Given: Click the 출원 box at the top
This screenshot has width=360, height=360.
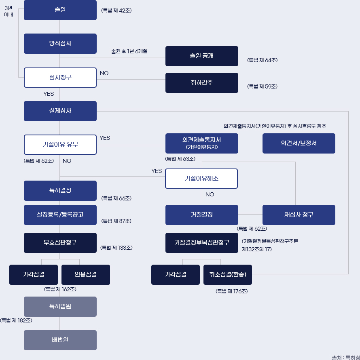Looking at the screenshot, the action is pos(60,10).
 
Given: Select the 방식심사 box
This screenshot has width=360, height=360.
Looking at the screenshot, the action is pos(60,44).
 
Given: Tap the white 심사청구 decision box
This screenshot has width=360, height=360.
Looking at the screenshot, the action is pos(60,77).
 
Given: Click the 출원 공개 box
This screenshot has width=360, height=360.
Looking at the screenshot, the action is pos(201,56).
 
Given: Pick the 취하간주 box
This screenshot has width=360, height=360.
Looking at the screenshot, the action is pos(201,83).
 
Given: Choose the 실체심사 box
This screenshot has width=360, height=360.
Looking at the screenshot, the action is pos(60,111).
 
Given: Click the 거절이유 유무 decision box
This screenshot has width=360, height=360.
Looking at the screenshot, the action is pos(60,144).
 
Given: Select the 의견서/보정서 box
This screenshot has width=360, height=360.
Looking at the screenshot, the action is pos(299,143).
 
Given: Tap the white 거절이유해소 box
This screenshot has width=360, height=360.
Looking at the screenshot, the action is pos(201,179).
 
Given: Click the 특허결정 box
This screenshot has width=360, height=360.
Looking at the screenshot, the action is pos(60,191).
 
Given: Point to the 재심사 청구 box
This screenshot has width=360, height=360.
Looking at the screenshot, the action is pos(299,215).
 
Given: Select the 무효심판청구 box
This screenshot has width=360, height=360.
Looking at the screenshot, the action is pos(60,243).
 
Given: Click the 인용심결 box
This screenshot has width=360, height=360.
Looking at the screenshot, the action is pos(85,275).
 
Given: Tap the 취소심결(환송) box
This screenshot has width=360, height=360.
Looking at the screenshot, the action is pos(228,275).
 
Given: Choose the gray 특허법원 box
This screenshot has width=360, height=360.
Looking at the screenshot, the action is pos(60,307).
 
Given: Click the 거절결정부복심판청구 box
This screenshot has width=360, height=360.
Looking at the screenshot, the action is pos(201,243).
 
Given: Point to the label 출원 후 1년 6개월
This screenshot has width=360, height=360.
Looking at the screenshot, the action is pos(129,51).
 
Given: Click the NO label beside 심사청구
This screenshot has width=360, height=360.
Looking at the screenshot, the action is pos(104,73).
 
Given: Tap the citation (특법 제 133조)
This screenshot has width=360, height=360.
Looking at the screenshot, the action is pos(116,248).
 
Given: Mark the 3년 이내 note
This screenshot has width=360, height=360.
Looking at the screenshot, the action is pos(8,11).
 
